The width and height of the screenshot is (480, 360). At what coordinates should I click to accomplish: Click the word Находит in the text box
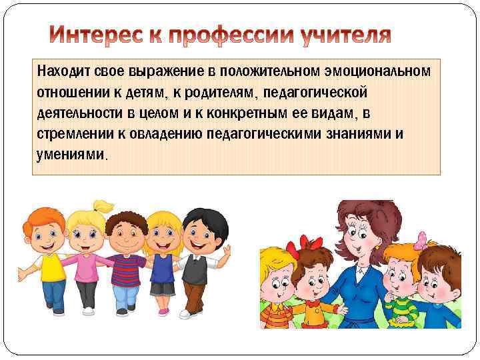point(61,70)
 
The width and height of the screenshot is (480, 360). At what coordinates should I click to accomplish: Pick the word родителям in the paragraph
point(185,91)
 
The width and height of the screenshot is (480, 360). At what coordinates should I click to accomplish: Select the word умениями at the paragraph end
point(69,155)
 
